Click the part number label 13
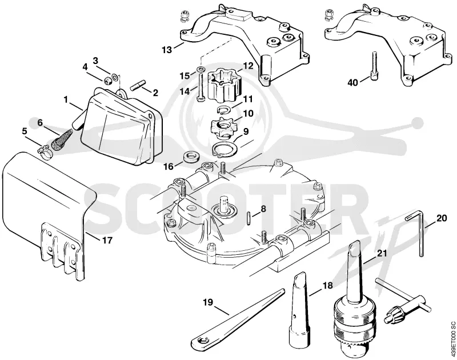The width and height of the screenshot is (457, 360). tap(167, 50)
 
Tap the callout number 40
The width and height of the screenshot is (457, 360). tap(352, 83)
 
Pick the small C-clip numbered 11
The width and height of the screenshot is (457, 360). tap(225, 110)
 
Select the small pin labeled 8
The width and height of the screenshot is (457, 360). tap(248, 218)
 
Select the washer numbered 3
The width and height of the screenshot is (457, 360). tap(115, 77)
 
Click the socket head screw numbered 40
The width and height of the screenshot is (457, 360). tap(374, 66)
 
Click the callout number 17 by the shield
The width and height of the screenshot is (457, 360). tap(107, 241)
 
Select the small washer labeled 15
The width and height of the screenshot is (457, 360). tap(201, 69)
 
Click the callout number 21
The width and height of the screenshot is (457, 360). tap(382, 253)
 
